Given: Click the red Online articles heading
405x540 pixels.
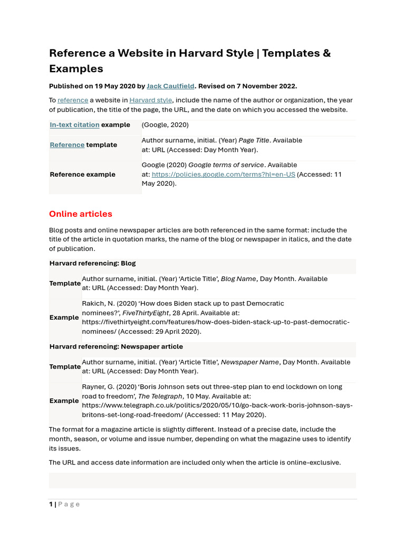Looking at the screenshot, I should (81, 214).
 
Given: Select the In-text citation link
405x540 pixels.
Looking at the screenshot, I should (74, 125).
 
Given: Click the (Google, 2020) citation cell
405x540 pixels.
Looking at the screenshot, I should (166, 125).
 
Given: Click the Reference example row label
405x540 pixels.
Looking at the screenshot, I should (82, 175).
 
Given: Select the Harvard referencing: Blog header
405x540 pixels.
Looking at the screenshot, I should (92, 263).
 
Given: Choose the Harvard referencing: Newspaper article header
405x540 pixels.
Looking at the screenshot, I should (116, 347).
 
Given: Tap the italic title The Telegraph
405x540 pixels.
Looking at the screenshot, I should (160, 396).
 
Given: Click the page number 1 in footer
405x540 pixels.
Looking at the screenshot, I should (51, 504).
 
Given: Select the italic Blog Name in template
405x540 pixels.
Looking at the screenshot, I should (238, 279).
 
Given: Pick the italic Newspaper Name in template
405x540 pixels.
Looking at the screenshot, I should (250, 362).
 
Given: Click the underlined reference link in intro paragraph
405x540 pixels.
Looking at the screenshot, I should (73, 100).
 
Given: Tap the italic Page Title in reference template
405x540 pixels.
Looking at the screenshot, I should (254, 140).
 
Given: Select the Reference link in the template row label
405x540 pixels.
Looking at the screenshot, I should (67, 145).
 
